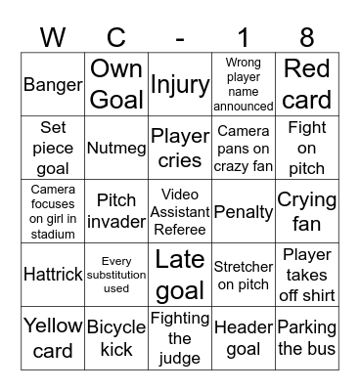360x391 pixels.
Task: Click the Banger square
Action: (x=53, y=84)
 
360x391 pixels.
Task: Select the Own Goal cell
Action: (x=116, y=84)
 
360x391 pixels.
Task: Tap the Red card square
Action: (x=307, y=84)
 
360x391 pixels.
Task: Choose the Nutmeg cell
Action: (x=116, y=148)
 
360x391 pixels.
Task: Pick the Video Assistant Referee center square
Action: (x=180, y=211)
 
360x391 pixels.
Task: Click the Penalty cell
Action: (x=244, y=211)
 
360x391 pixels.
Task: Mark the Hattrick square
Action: (x=53, y=275)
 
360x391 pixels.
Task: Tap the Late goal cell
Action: (x=180, y=275)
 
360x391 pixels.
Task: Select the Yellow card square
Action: (x=53, y=338)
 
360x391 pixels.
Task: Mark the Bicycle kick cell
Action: (x=116, y=338)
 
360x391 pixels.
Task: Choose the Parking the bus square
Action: (x=307, y=338)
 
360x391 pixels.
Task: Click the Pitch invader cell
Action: (x=116, y=211)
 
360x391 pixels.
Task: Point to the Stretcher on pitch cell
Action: (x=244, y=275)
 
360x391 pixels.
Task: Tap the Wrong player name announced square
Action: (x=244, y=84)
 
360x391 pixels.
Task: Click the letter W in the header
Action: (x=53, y=38)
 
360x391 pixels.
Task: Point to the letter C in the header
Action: (x=116, y=38)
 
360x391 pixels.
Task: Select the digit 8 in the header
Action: (x=307, y=38)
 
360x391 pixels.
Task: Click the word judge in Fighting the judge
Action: (x=180, y=357)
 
